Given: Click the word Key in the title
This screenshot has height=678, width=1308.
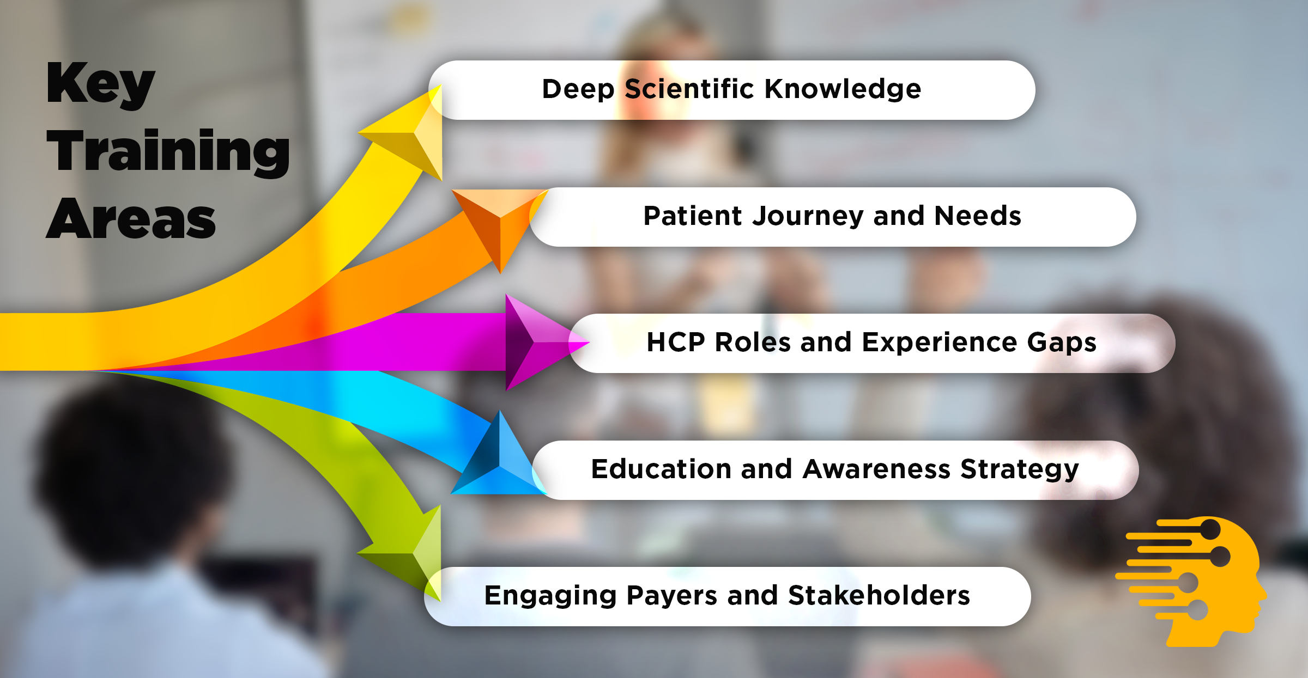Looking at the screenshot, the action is (x=101, y=84).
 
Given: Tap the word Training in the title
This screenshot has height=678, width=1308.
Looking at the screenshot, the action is (x=168, y=152).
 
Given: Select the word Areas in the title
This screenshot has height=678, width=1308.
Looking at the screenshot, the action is (x=131, y=219).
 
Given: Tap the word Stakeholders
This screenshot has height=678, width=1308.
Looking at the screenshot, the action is (x=879, y=595).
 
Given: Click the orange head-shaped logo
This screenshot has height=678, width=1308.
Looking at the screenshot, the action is (x=1191, y=581).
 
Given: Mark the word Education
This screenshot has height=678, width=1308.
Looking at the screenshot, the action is (x=661, y=469).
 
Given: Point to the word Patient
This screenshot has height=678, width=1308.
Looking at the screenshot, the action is (x=693, y=216).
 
